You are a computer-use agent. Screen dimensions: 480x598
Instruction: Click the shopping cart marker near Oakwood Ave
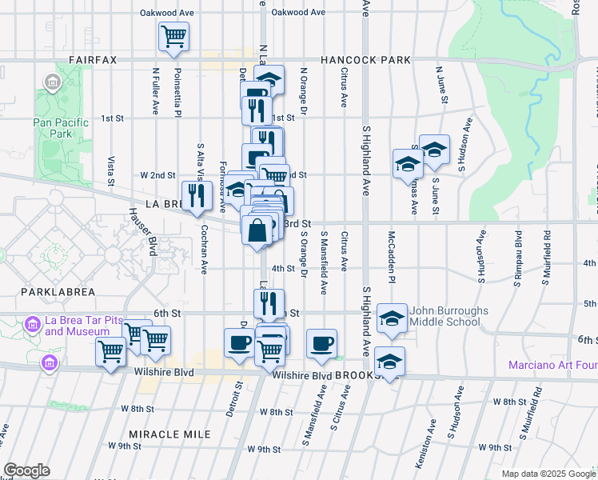point(174,36)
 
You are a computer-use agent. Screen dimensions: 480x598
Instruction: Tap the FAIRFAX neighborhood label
point(93,60)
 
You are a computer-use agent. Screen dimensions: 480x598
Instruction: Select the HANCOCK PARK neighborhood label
point(366,60)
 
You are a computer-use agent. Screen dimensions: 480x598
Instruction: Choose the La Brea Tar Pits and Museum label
point(78,326)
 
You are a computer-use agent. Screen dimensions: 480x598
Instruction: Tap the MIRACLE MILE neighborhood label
point(169,434)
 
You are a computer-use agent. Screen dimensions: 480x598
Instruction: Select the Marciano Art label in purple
point(552,366)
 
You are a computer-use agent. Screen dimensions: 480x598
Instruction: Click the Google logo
point(26,470)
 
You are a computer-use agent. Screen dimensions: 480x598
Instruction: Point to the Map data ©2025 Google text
point(548,474)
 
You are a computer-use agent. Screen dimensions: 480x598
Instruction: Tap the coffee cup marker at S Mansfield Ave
point(321,344)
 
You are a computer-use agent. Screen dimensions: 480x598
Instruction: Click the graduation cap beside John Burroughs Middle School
point(392,319)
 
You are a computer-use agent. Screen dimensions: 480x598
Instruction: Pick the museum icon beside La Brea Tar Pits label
point(32,324)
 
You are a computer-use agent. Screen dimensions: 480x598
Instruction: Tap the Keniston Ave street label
point(432,428)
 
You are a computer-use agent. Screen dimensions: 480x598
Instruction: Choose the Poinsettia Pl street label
point(178,90)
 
